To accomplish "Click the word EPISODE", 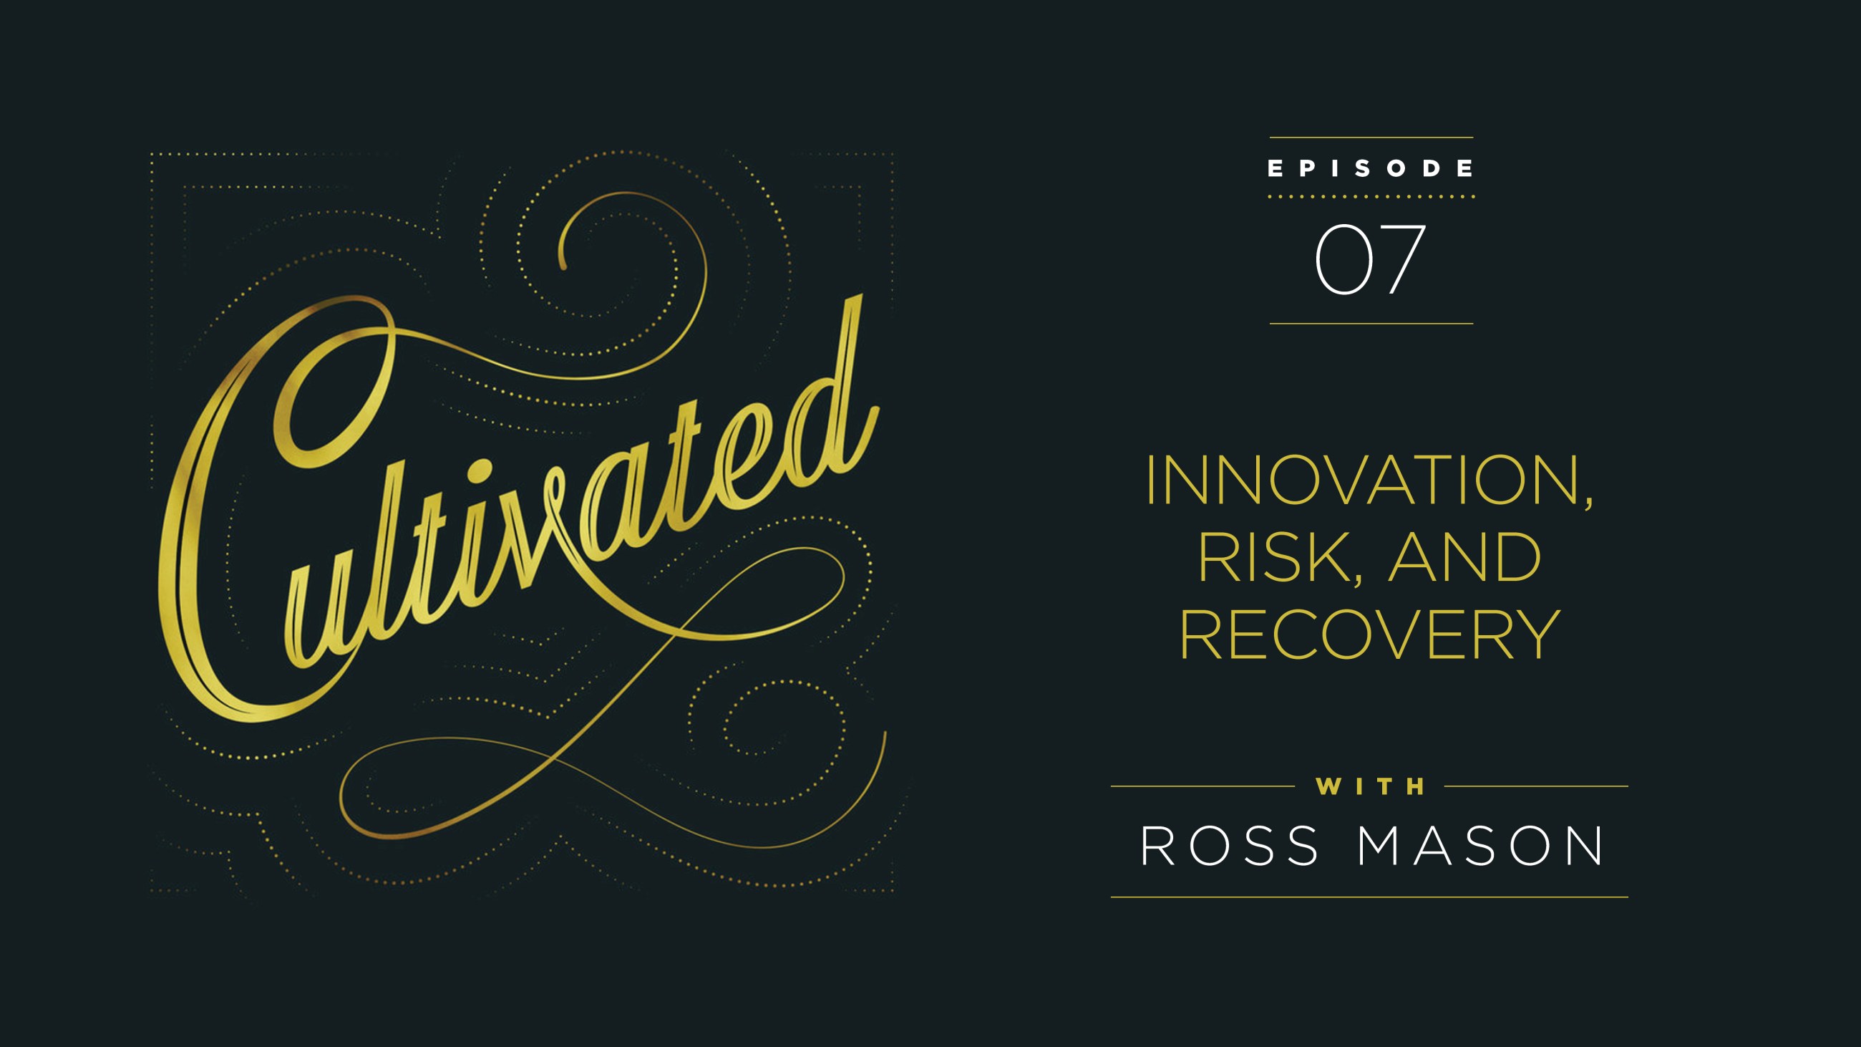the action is point(1371,168).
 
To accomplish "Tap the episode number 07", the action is point(1370,259).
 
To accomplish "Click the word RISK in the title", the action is point(1274,557).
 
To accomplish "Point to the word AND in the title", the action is point(1465,557).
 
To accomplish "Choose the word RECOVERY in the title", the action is point(1369,635).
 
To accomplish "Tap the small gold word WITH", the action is point(1370,786).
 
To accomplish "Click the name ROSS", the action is point(1230,846).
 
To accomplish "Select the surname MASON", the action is point(1480,846).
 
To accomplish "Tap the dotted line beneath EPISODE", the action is point(1371,196).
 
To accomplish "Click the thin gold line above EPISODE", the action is point(1371,137).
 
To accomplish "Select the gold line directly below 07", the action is point(1371,324).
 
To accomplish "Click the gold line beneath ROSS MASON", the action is point(1369,897).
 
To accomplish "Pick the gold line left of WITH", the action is point(1202,786).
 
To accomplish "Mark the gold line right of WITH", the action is point(1536,786).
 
